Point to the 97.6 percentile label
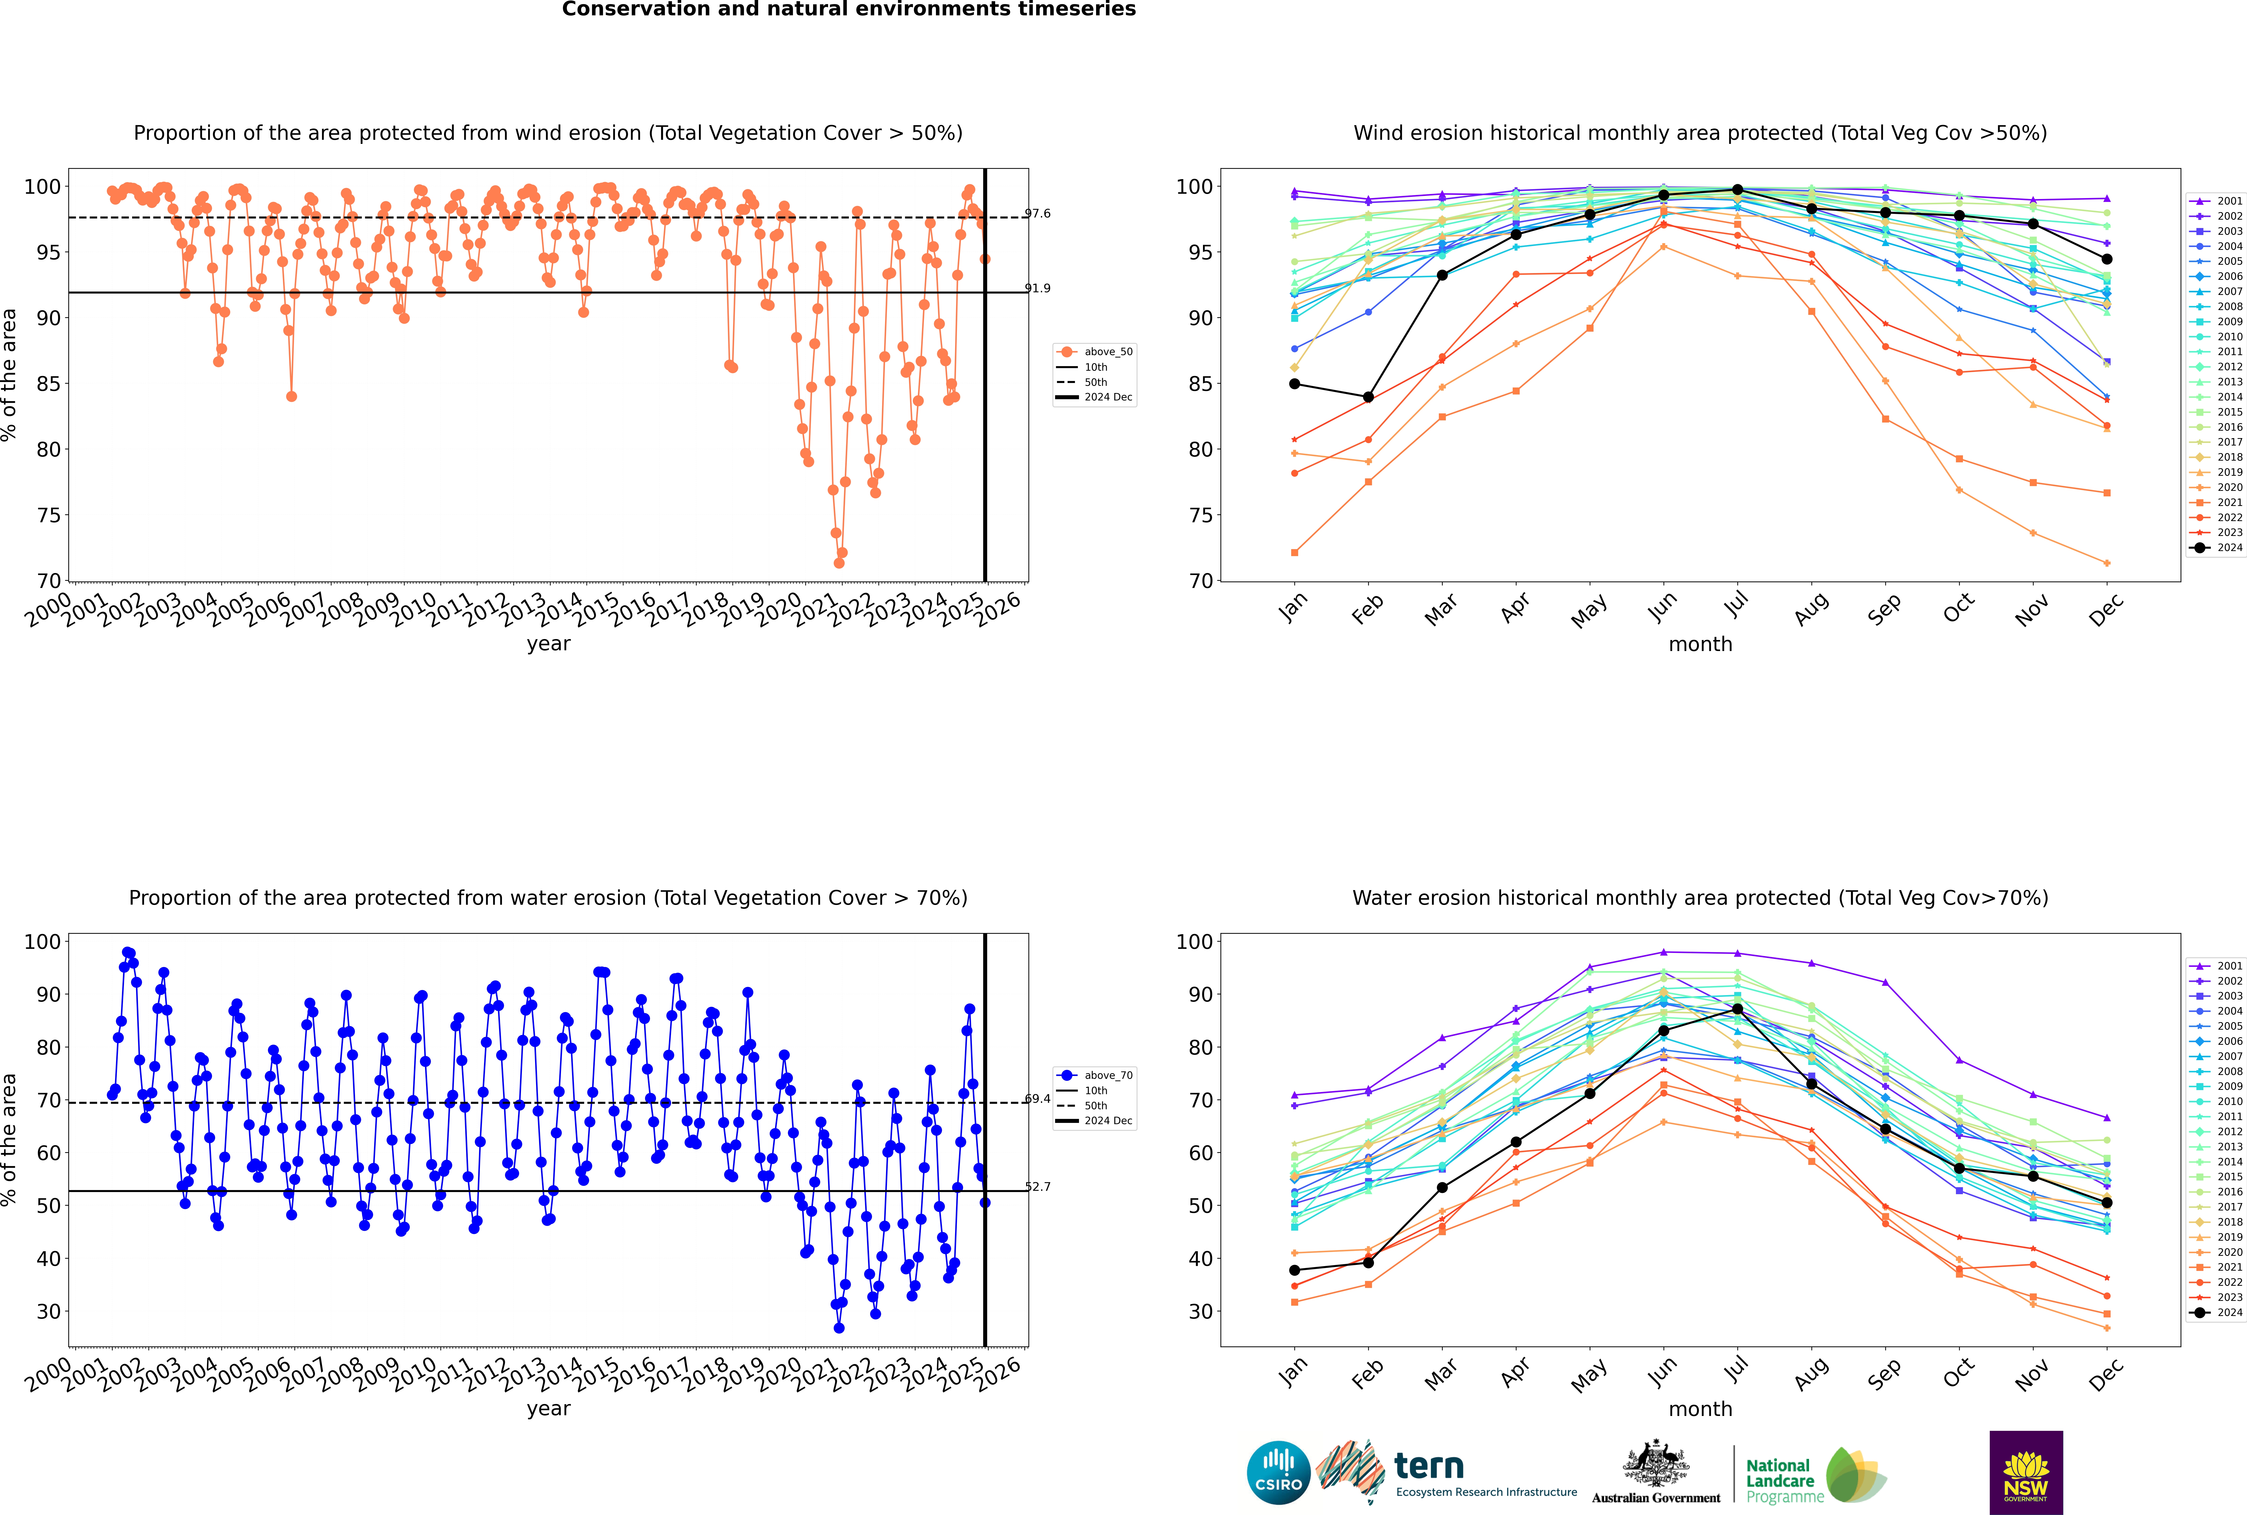1038,213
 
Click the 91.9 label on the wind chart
1038,288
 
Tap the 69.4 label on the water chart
1038,1098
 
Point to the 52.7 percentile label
1038,1186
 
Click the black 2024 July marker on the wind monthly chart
1737,189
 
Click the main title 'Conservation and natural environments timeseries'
849,10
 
